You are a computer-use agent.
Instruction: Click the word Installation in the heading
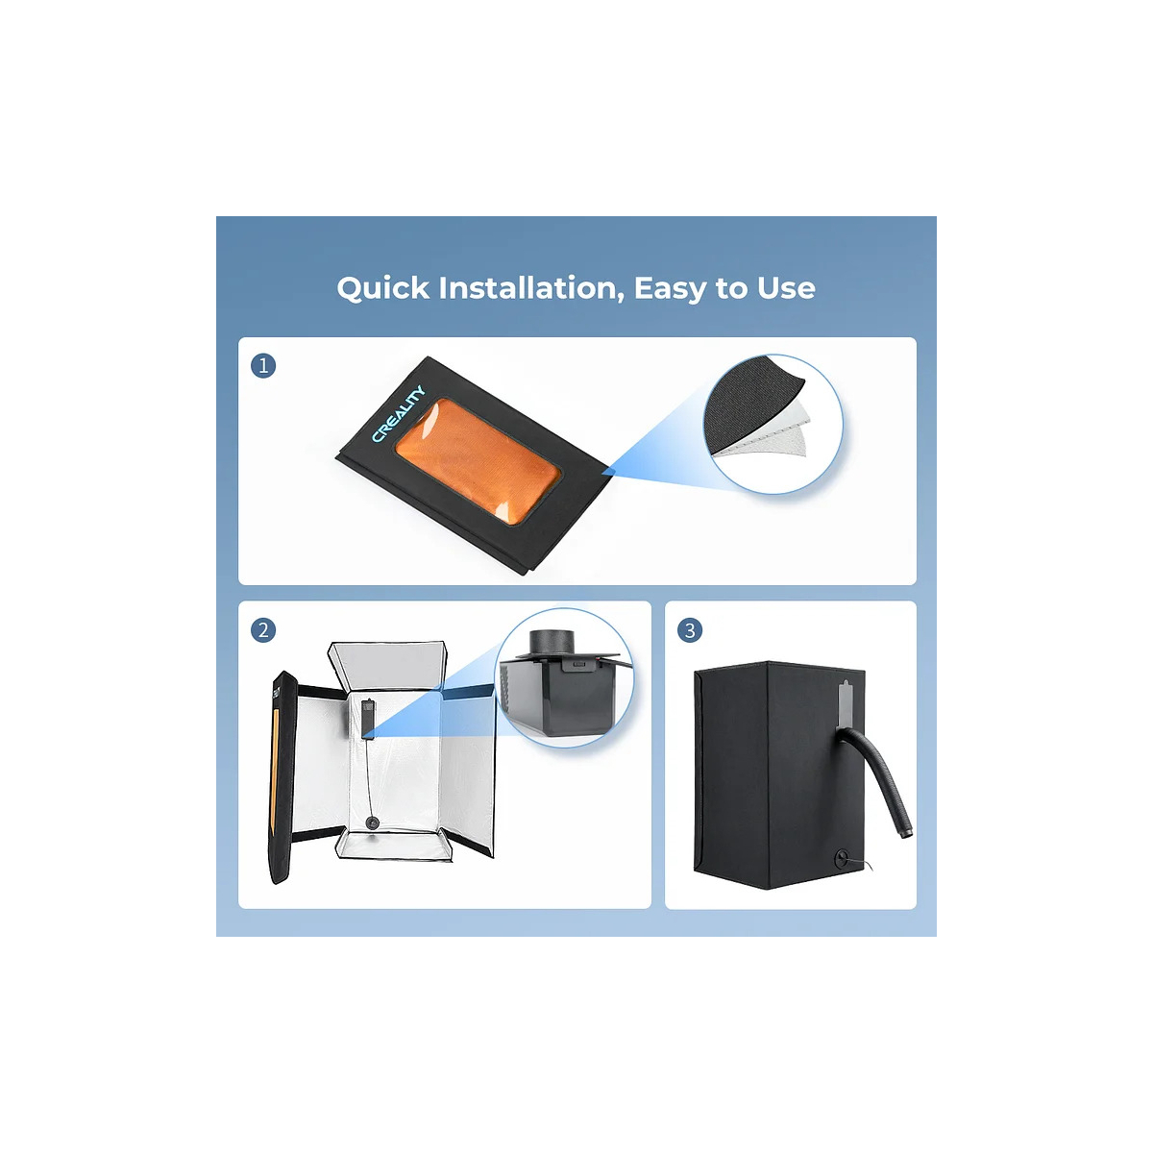pyautogui.click(x=528, y=288)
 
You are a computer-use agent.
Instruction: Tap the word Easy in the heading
pyautogui.click(x=670, y=289)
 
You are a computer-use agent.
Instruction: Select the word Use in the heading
pyautogui.click(x=786, y=288)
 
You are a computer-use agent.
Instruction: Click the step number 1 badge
pyautogui.click(x=263, y=365)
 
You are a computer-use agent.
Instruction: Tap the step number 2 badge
pyautogui.click(x=263, y=630)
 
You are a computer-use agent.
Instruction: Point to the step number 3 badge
pyautogui.click(x=690, y=630)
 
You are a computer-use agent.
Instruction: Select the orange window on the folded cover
pyautogui.click(x=478, y=461)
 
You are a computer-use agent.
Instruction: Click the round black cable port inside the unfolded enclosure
pyautogui.click(x=372, y=822)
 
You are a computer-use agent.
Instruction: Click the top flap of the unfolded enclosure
pyautogui.click(x=388, y=664)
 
